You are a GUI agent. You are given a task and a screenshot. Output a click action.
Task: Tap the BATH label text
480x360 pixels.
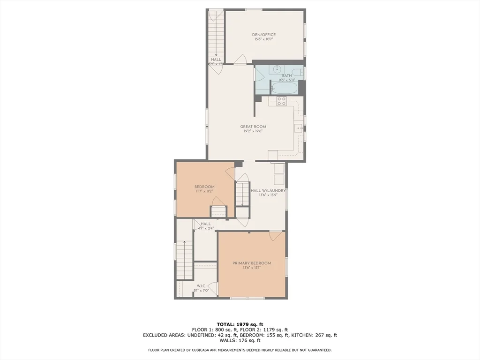[286, 75]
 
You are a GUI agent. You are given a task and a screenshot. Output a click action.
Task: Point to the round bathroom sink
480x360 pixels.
[277, 68]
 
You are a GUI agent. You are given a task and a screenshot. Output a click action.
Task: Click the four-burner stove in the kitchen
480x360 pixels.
[281, 101]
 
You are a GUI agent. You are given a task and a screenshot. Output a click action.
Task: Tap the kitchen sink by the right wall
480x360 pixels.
[299, 127]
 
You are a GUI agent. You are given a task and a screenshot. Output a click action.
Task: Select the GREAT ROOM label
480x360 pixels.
[253, 127]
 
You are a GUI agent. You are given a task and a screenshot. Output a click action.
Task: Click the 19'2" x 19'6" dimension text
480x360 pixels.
[253, 132]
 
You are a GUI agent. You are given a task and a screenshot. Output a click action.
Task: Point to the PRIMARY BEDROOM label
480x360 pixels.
[252, 263]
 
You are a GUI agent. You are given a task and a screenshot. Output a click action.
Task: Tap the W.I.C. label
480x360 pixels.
[200, 285]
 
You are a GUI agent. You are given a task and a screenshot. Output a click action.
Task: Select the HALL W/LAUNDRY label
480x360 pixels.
[269, 190]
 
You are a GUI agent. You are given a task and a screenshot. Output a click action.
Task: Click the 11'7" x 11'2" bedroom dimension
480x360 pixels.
[204, 191]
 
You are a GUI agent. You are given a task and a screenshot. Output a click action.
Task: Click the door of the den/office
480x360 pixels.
[240, 60]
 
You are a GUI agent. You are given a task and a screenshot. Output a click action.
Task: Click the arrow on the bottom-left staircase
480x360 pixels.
[184, 243]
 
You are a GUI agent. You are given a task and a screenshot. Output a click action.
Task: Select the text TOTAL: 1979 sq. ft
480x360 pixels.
[240, 324]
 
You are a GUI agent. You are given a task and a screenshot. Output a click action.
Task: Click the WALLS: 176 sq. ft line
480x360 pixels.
[240, 341]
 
